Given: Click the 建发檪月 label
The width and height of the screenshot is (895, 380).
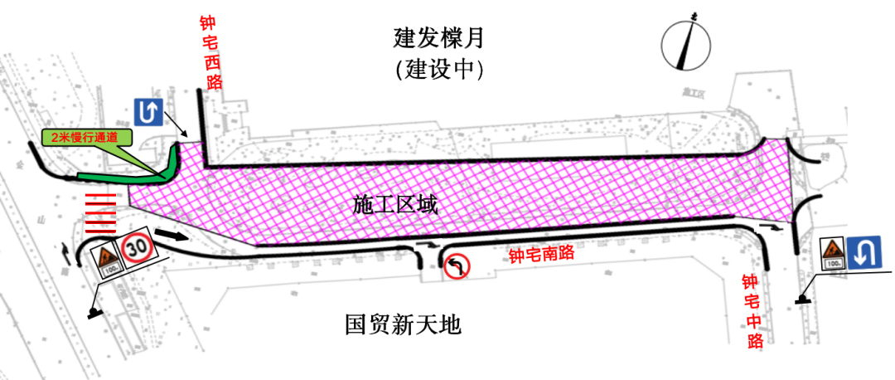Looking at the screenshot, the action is click(x=438, y=38).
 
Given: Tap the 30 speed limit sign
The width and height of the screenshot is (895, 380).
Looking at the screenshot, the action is click(x=136, y=247).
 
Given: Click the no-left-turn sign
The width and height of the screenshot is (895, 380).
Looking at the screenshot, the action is click(x=457, y=266).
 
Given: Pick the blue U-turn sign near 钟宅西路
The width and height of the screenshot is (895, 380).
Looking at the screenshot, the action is click(x=146, y=113).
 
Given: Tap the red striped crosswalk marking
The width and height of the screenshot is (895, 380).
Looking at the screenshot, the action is click(x=99, y=212).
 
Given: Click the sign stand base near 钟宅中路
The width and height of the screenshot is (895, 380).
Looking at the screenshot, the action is click(x=803, y=300).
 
